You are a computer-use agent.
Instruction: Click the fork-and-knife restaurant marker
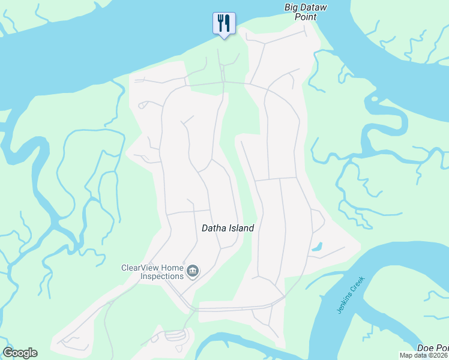coord(224,23)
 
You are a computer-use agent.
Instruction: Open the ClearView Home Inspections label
coord(152,272)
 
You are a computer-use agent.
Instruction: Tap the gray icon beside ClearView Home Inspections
coord(193,272)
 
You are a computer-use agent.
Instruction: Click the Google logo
coord(20,353)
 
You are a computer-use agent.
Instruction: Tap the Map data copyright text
coord(424,355)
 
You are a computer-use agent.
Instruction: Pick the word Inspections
coord(161,277)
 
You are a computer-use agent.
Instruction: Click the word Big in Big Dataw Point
coord(291,7)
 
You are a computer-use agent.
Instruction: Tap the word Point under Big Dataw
coord(306,17)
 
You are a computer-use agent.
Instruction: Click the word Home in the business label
coord(171,268)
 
